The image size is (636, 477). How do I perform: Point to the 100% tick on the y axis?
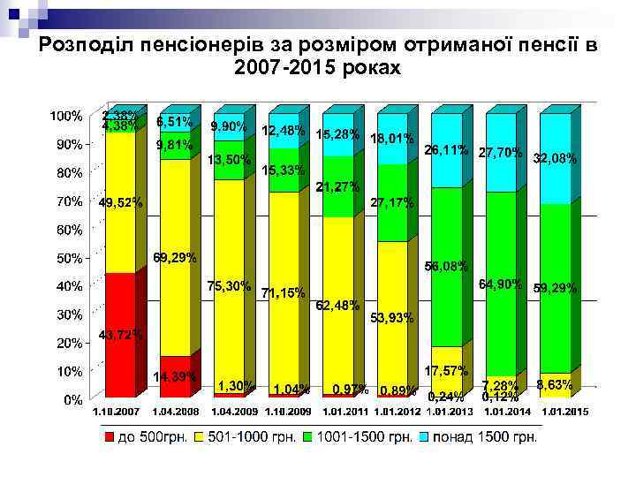click(66, 116)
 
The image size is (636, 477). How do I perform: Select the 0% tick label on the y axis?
click(72, 399)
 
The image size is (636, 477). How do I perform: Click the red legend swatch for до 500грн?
click(109, 437)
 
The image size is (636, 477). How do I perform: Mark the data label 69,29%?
click(175, 258)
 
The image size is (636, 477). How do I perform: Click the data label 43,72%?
click(119, 334)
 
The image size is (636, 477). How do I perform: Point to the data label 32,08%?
click(556, 159)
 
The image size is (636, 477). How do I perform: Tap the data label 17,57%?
click(446, 370)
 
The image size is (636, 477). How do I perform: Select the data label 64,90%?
click(500, 284)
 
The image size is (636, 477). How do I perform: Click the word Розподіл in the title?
click(85, 45)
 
